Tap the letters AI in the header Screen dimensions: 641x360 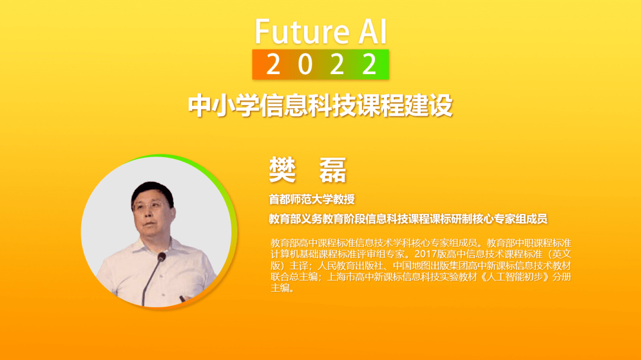(x=372, y=31)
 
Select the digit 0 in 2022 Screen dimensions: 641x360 (x=305, y=64)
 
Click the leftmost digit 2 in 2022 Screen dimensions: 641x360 (x=273, y=64)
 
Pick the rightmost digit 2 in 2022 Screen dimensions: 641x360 (x=370, y=64)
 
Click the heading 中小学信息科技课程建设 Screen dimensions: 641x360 (x=320, y=105)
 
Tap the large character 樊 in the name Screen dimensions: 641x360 (x=283, y=170)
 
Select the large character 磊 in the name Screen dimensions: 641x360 (x=332, y=170)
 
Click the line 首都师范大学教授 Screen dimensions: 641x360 (x=312, y=199)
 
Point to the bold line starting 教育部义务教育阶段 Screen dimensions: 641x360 (x=408, y=219)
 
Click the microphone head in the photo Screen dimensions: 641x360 (x=161, y=257)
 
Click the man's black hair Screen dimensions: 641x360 (x=152, y=191)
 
